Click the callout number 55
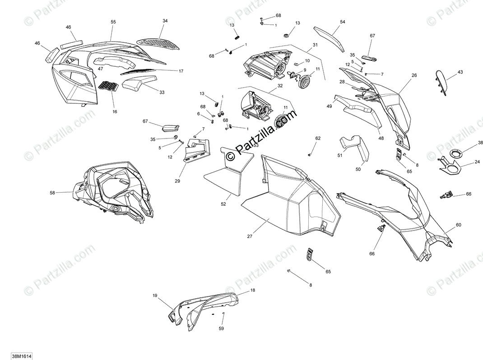(x=113, y=22)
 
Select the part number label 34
(x=165, y=21)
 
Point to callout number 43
(x=460, y=72)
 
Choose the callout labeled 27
(x=250, y=236)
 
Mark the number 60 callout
(x=458, y=225)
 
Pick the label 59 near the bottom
(x=221, y=328)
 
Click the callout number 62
(x=318, y=138)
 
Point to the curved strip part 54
(x=331, y=37)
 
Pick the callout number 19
(x=155, y=296)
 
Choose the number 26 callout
(x=414, y=75)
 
